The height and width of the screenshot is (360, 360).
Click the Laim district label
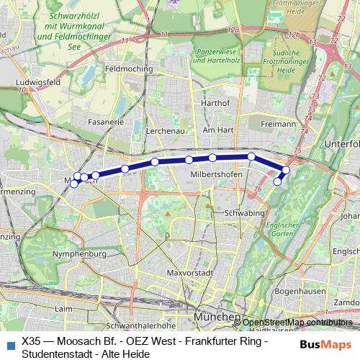(x=64, y=308)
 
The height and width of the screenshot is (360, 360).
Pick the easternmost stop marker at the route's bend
(x=286, y=170)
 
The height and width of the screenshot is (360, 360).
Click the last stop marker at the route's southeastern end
(x=278, y=181)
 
